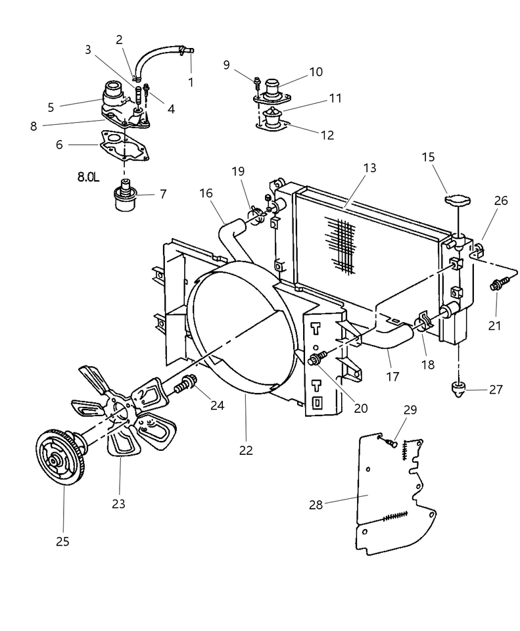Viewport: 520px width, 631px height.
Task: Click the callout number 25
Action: coord(62,542)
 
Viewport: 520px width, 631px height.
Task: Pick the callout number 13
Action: coord(369,168)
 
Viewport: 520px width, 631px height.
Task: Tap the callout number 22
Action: coord(245,451)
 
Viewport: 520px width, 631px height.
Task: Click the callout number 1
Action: coord(191,83)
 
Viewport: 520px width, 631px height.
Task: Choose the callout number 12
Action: coord(327,135)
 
